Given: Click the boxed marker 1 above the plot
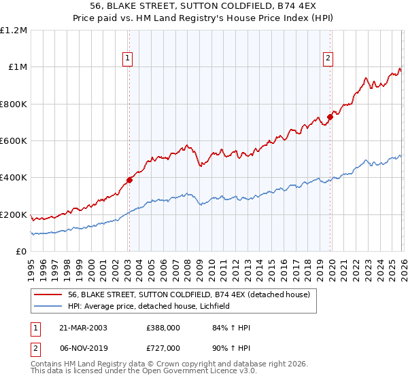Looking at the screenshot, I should (129, 59).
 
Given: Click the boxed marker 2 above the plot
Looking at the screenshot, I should (328, 59).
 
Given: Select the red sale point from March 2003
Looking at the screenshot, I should (129, 180).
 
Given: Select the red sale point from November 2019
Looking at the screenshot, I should (329, 117).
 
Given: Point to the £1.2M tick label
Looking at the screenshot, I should (14, 31).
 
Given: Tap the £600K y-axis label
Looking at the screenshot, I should (14, 141).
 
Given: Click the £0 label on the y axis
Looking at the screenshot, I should (20, 252).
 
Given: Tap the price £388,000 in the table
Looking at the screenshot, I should (163, 328).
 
